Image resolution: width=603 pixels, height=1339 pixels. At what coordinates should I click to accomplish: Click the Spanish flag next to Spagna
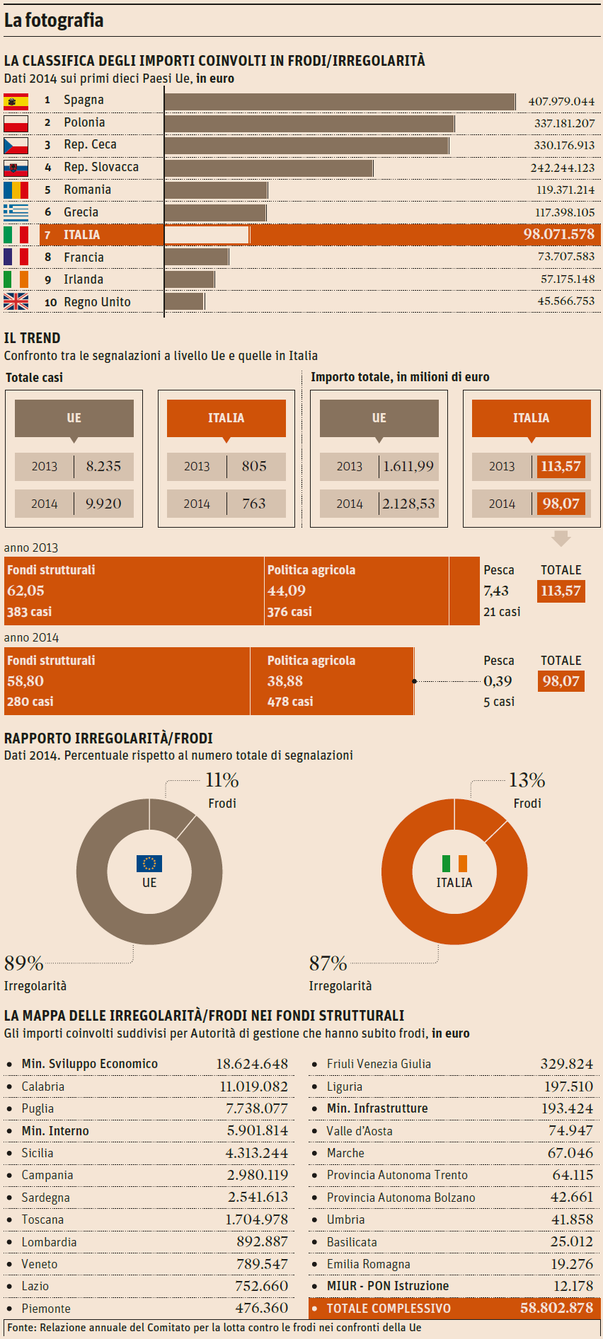(x=16, y=101)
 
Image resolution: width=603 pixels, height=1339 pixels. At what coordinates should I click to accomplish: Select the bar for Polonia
(x=309, y=124)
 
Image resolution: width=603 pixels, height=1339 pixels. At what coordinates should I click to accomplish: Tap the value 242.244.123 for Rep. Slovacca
(x=562, y=168)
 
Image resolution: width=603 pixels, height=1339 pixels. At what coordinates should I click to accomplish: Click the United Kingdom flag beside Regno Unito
(x=16, y=302)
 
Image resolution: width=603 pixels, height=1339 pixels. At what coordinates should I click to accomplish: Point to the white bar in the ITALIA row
(x=207, y=235)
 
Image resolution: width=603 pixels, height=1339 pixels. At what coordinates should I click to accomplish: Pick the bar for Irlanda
(x=190, y=279)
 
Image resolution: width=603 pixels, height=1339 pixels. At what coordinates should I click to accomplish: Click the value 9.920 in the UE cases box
(x=103, y=504)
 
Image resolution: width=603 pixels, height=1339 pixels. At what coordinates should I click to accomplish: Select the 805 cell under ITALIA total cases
(x=254, y=466)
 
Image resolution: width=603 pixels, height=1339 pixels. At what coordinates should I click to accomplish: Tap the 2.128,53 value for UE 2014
(x=408, y=504)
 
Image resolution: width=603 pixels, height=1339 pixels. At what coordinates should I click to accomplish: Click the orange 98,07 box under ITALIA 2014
(x=561, y=504)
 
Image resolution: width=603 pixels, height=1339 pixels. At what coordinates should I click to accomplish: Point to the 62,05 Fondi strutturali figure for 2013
(x=26, y=591)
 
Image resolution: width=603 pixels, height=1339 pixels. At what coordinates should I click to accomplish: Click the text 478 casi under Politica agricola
(x=290, y=702)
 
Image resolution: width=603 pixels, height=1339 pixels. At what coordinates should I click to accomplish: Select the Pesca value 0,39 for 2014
(x=498, y=681)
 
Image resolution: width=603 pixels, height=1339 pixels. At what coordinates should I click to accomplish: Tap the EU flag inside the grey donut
(x=149, y=864)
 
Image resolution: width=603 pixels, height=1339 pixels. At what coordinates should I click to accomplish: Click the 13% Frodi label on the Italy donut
(x=527, y=781)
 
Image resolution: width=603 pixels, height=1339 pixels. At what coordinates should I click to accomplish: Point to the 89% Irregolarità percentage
(x=24, y=963)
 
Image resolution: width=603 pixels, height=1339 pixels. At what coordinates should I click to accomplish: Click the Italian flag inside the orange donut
(x=454, y=864)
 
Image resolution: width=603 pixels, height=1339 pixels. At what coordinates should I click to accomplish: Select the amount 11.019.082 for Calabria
(x=253, y=1086)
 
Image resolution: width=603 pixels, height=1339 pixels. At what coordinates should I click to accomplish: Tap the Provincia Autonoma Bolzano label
(x=401, y=1198)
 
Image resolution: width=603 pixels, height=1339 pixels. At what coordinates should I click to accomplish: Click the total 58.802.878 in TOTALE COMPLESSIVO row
(x=556, y=1308)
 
